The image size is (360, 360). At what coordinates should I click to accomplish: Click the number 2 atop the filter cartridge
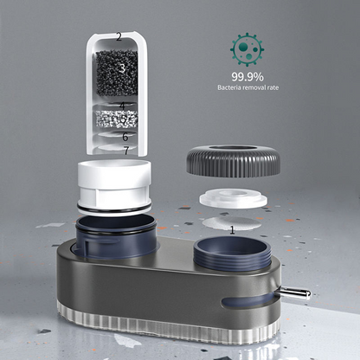point(119,37)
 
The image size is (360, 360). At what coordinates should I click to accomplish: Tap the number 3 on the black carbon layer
point(122,68)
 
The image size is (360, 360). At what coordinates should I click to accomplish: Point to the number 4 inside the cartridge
point(123,106)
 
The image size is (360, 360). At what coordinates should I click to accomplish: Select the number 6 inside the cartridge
point(125,137)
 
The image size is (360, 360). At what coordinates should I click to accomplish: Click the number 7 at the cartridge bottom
point(126,151)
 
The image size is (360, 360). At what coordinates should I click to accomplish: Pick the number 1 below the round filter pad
point(232,230)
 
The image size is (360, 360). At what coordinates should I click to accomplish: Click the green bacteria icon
point(247,49)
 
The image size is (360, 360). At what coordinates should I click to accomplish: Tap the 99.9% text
point(247,77)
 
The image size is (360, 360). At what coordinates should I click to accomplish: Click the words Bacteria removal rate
point(248,87)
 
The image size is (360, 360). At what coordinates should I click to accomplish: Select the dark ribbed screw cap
point(234,161)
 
